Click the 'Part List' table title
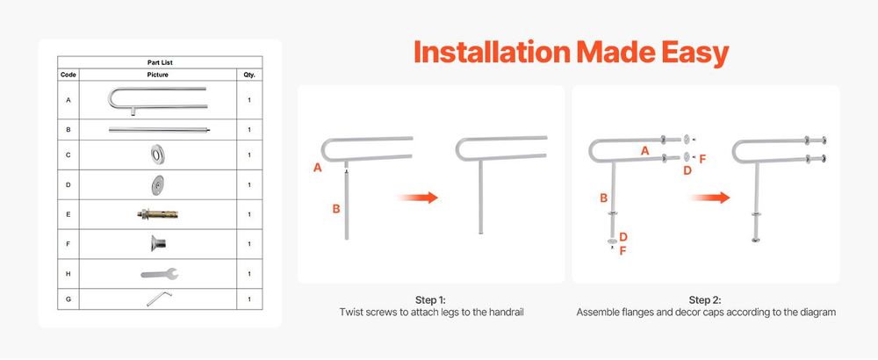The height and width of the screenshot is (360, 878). pos(160,62)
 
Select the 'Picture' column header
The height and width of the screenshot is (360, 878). pos(158,75)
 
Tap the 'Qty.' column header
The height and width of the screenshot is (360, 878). pos(249,75)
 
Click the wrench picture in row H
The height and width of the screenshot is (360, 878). pos(160,274)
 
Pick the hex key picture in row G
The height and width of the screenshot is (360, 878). pos(159,299)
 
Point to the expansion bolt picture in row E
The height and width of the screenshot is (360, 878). pos(157,214)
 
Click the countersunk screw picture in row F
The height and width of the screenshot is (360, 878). pos(158,243)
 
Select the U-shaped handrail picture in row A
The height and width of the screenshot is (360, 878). pos(157,100)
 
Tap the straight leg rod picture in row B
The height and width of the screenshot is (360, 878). pos(160,130)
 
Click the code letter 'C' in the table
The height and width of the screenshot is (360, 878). pos(68,155)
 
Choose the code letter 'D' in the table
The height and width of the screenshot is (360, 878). pos(68,184)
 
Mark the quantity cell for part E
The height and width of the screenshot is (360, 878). pos(249,214)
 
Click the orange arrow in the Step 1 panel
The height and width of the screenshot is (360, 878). pos(417,197)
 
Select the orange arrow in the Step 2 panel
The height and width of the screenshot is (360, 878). pos(710,198)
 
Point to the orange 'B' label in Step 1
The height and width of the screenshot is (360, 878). pos(336,208)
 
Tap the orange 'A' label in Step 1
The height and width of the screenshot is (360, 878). pos(318,167)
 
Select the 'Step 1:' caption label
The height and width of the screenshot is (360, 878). pos(430,300)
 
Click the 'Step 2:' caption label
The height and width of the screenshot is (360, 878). pos(706,300)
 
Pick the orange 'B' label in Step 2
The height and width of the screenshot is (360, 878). pos(604,198)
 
